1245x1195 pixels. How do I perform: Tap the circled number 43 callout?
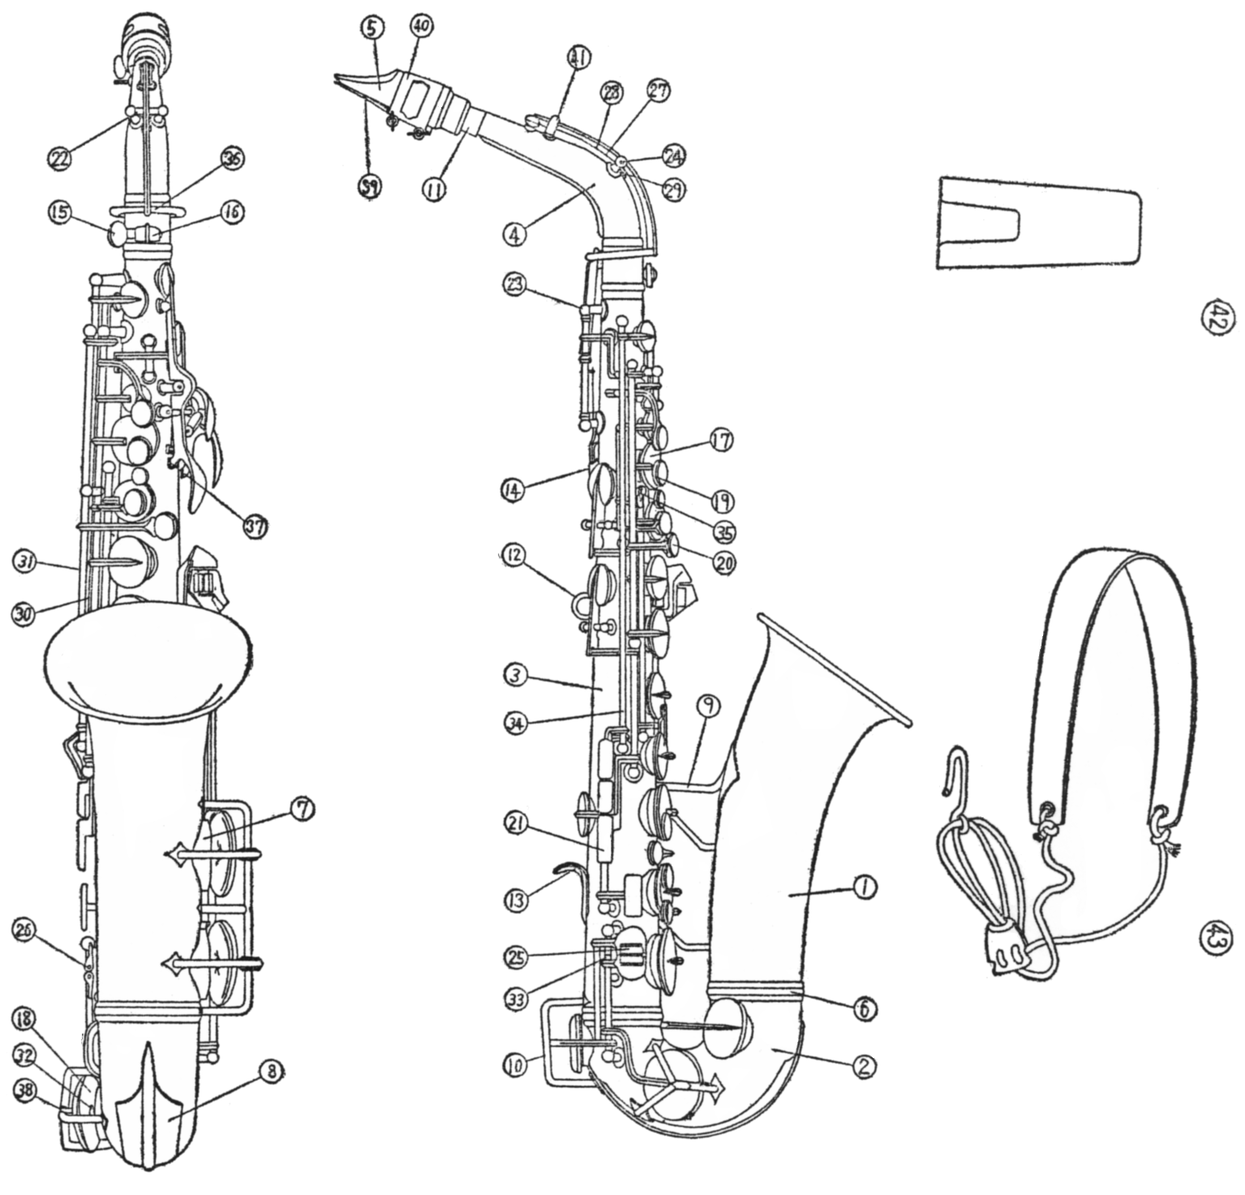pos(1217,942)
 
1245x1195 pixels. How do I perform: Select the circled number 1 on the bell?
pos(866,888)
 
